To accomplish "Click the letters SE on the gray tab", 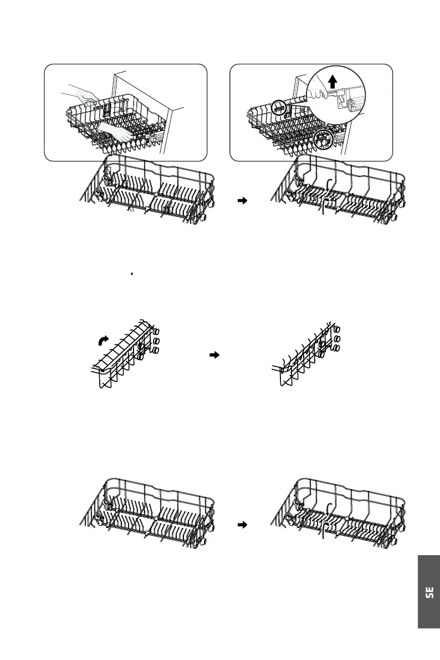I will tap(429, 592).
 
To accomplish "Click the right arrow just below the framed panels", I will tap(241, 202).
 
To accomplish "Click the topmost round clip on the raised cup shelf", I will tap(156, 329).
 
